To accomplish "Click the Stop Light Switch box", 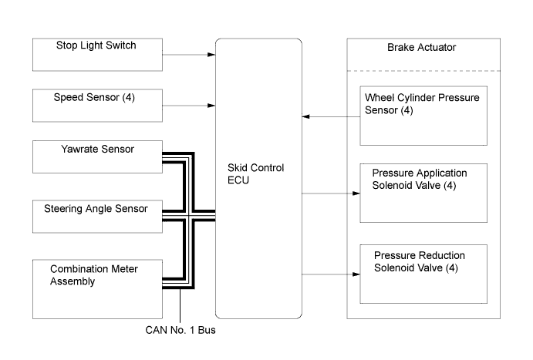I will point(96,54).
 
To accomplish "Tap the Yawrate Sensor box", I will point(96,156).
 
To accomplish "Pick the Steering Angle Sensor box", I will point(96,214).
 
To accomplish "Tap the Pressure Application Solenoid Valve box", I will point(425,192).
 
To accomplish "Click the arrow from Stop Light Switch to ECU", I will point(188,55).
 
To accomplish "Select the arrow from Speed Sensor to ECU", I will point(188,104).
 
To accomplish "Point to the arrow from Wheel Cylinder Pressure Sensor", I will point(332,116).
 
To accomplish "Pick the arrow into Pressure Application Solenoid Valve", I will point(332,194).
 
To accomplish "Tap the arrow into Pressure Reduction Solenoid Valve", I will point(332,274).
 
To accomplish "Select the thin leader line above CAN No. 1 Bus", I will point(180,305).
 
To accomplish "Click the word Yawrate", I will point(72,150).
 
